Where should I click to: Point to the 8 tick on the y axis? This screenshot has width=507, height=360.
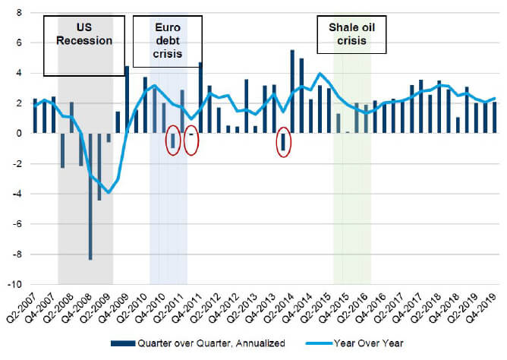(18, 13)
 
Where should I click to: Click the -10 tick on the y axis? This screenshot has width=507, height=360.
(15, 285)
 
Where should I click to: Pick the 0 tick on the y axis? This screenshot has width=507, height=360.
(18, 134)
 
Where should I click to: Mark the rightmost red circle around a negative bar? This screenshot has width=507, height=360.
(283, 142)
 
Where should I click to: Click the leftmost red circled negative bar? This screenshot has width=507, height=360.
(173, 140)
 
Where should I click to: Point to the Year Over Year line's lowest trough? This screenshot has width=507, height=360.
(109, 193)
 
